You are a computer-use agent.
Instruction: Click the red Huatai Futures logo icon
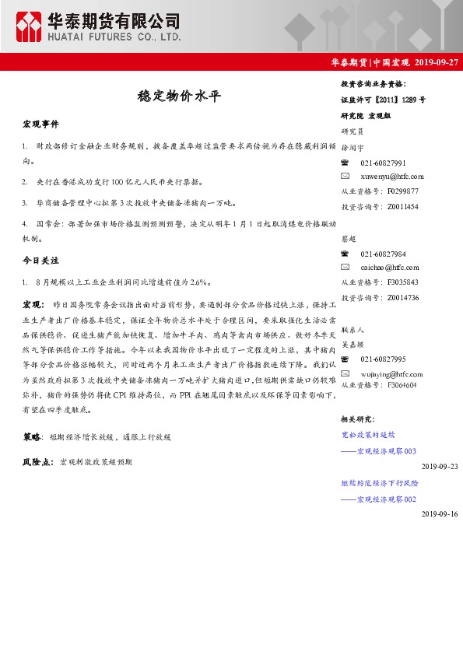point(29,27)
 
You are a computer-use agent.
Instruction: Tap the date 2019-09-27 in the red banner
point(437,61)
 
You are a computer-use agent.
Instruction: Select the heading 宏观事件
point(40,124)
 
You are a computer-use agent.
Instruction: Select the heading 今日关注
point(40,260)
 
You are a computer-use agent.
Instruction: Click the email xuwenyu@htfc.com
point(392,177)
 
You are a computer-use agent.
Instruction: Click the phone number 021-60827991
point(383,163)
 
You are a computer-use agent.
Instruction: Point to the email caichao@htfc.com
point(390,268)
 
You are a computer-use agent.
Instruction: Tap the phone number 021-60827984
point(383,254)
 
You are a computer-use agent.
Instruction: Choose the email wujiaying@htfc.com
point(393,372)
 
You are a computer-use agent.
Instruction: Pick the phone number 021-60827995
point(383,359)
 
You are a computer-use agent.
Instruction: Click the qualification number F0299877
point(402,191)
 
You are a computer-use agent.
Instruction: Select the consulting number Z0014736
point(402,297)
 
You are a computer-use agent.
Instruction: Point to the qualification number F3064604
point(402,385)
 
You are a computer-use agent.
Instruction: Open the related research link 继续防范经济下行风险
point(379,483)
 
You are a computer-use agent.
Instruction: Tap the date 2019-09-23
point(440,466)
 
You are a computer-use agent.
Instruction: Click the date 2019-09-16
point(440,514)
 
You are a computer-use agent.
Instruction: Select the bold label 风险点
point(37,462)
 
